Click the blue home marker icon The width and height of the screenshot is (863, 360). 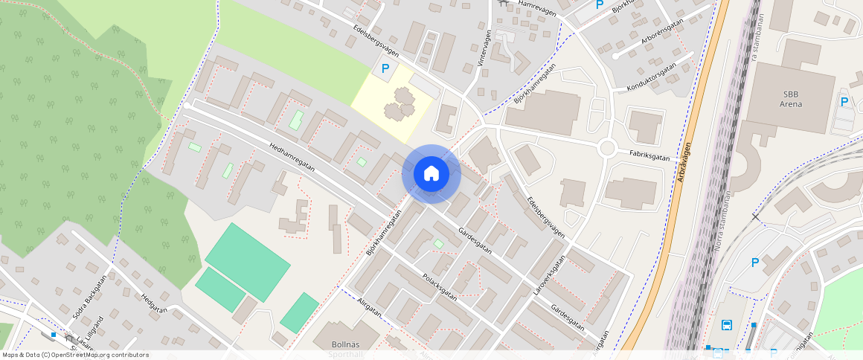click(431, 173)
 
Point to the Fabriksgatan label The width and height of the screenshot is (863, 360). click(649, 158)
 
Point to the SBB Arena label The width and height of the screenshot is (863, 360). click(791, 99)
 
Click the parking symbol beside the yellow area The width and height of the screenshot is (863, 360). click(385, 68)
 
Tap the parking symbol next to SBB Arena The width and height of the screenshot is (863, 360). click(844, 102)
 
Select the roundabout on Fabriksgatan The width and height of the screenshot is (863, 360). click(607, 148)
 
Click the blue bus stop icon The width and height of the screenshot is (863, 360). click(726, 324)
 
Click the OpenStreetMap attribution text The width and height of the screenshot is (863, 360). click(76, 355)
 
